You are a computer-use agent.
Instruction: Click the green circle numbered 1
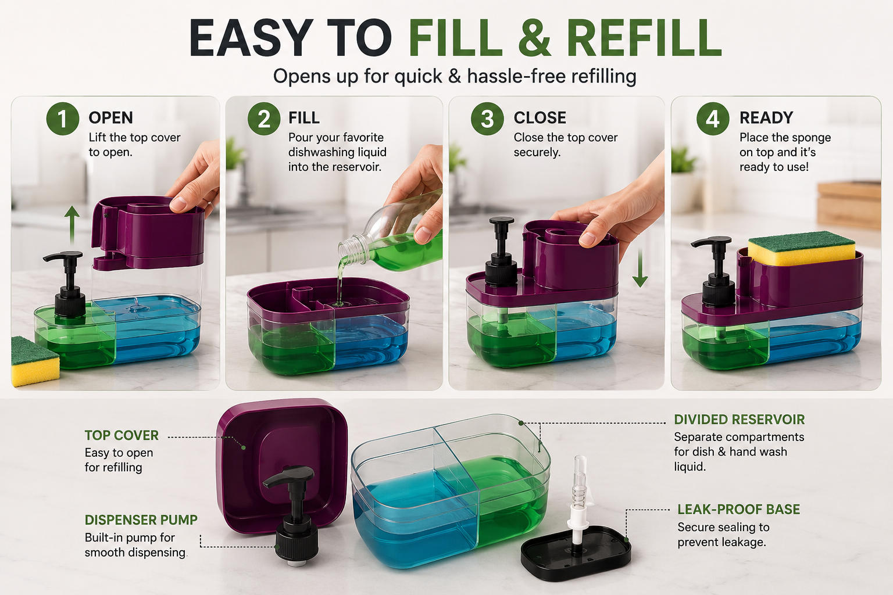(x=63, y=119)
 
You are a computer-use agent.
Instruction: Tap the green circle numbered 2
(x=264, y=119)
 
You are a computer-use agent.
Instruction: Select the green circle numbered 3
(x=487, y=119)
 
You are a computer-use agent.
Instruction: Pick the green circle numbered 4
(x=713, y=119)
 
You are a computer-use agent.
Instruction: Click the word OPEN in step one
(x=111, y=118)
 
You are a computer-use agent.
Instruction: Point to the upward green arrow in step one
(x=72, y=225)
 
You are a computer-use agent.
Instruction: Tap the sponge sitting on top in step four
(x=801, y=248)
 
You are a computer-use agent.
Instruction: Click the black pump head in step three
(x=502, y=251)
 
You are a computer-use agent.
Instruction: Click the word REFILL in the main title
(x=644, y=38)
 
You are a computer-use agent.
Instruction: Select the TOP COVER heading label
(x=122, y=435)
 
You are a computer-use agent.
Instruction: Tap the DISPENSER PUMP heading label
(x=141, y=519)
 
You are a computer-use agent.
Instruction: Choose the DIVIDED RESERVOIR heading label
(x=740, y=420)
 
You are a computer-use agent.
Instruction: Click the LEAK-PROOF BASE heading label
(x=739, y=509)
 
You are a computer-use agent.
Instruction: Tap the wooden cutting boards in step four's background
(x=849, y=205)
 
